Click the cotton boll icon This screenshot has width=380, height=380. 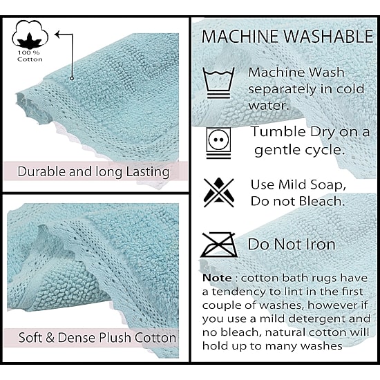pyautogui.click(x=30, y=34)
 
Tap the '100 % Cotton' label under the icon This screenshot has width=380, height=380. pyautogui.click(x=30, y=56)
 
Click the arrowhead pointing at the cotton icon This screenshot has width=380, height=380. pyautogui.click(x=58, y=34)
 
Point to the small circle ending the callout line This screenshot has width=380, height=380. pyautogui.click(x=72, y=78)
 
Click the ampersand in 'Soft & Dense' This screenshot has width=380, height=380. pyautogui.click(x=50, y=338)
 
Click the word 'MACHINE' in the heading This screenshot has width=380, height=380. pyautogui.click(x=240, y=37)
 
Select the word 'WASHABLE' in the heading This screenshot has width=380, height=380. pyautogui.click(x=328, y=37)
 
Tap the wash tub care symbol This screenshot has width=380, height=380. pyautogui.click(x=219, y=83)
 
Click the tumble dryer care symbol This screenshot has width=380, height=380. pyautogui.click(x=218, y=143)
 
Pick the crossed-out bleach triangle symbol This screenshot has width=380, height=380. pyautogui.click(x=219, y=193)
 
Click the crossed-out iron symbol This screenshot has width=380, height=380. pyautogui.click(x=219, y=245)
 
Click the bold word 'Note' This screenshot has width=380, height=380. pyautogui.click(x=217, y=278)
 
